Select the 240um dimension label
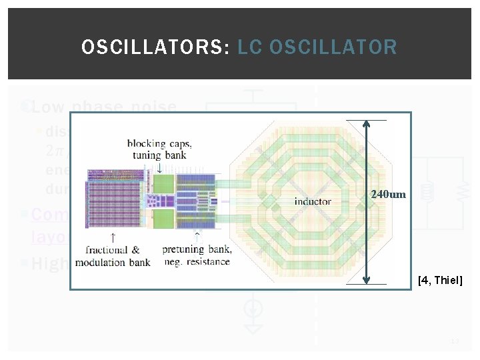point(389,195)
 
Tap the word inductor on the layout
point(313,201)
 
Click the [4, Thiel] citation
point(439,281)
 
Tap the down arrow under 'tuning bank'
point(159,167)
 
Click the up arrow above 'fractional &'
point(114,237)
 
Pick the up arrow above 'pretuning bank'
point(197,237)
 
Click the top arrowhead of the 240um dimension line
point(366,125)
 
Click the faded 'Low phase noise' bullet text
point(103,107)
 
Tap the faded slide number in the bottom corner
point(456,341)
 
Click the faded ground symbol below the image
point(253,327)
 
